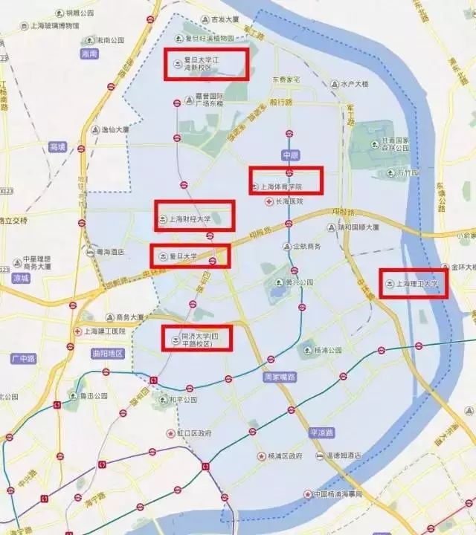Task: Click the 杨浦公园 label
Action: (x=329, y=348)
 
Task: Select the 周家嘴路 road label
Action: (x=280, y=377)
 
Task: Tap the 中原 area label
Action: (x=289, y=155)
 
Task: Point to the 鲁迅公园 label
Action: (x=96, y=396)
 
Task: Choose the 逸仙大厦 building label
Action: (x=115, y=129)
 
